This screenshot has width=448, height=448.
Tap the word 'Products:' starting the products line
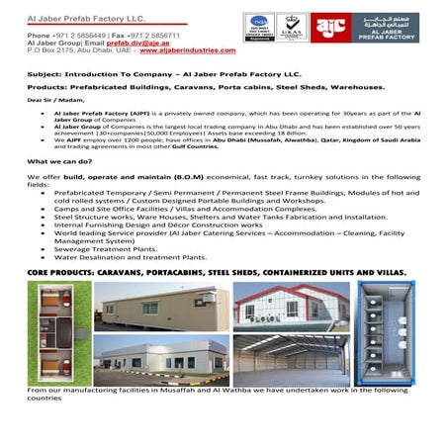click(x=47, y=86)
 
